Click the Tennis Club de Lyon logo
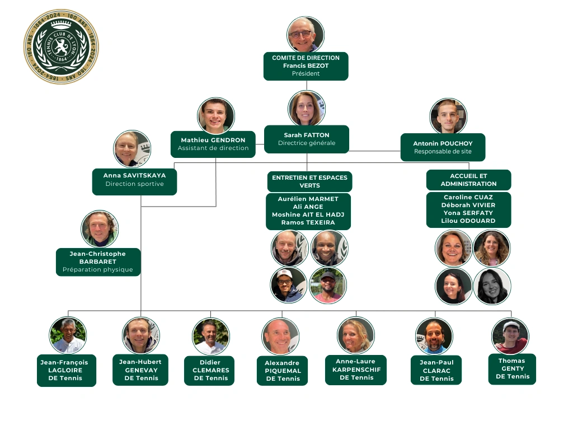pyautogui.click(x=62, y=46)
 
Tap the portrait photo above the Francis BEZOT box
pyautogui.click(x=306, y=34)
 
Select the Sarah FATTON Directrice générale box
pyautogui.click(x=307, y=139)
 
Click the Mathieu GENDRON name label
pyautogui.click(x=213, y=140)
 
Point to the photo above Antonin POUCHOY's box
pyautogui.click(x=448, y=116)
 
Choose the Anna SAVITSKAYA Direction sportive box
pyautogui.click(x=134, y=182)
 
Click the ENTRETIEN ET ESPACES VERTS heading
pyautogui.click(x=310, y=181)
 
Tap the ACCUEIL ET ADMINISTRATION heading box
pyautogui.click(x=468, y=180)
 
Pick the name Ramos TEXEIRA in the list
pyautogui.click(x=308, y=222)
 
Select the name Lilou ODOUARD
pyautogui.click(x=468, y=221)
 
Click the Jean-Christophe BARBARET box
pyautogui.click(x=98, y=262)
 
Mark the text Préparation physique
pyautogui.click(x=97, y=269)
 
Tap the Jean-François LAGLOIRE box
pyautogui.click(x=67, y=371)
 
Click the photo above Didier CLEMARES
pyautogui.click(x=211, y=336)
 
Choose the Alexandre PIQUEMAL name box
pyautogui.click(x=282, y=371)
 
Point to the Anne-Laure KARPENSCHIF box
pyautogui.click(x=356, y=370)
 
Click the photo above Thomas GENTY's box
pyautogui.click(x=510, y=336)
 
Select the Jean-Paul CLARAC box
pyautogui.click(x=436, y=370)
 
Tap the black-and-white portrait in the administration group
pyautogui.click(x=492, y=286)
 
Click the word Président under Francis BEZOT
pyautogui.click(x=306, y=73)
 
